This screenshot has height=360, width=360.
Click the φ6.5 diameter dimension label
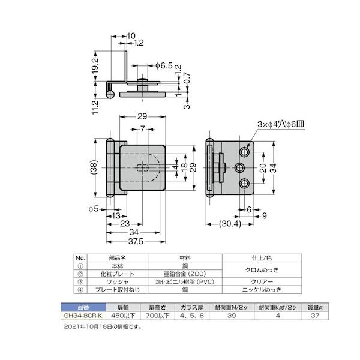(164, 65)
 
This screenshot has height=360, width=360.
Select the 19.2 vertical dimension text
(95, 65)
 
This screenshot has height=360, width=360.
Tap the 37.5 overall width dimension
(136, 241)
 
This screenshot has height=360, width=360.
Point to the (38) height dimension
(95, 167)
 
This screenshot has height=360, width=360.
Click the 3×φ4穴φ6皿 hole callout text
(281, 124)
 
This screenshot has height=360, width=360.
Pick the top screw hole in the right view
(245, 152)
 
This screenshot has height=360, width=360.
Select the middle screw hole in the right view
(239, 168)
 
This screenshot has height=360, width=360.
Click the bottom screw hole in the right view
(245, 184)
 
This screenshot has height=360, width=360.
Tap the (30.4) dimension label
(230, 224)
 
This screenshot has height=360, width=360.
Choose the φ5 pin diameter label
(94, 209)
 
